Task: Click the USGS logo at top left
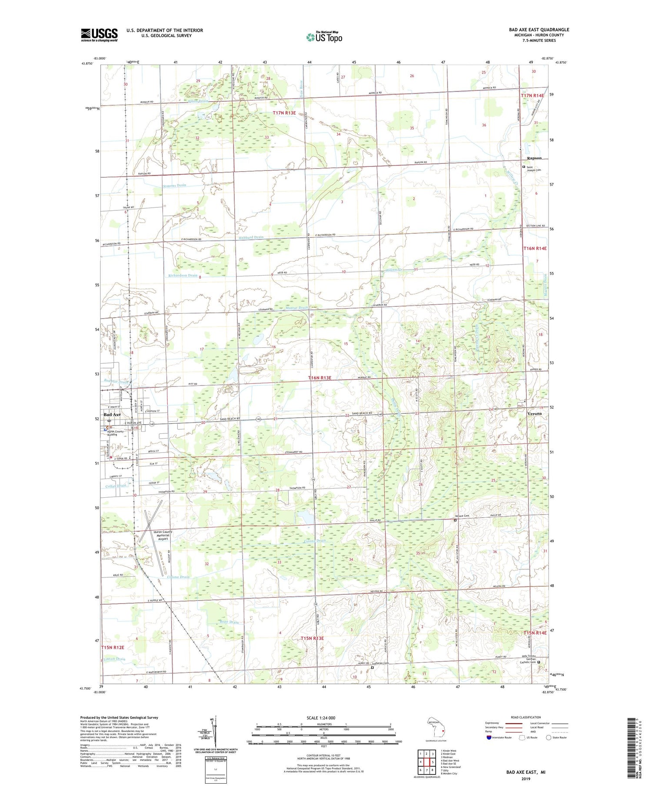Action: point(99,35)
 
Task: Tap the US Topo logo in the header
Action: point(324,37)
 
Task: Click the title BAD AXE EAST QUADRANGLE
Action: point(539,30)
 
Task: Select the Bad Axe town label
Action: point(112,415)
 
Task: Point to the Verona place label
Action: point(535,413)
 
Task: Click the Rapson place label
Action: point(534,158)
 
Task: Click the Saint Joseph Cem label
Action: point(535,168)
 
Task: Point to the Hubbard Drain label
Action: point(251,237)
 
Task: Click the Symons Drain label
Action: point(174,185)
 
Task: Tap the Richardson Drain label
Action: point(183,275)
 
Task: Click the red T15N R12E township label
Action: point(113,647)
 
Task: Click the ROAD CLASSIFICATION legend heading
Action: point(526,717)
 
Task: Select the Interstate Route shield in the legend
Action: point(489,737)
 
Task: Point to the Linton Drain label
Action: point(115,659)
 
